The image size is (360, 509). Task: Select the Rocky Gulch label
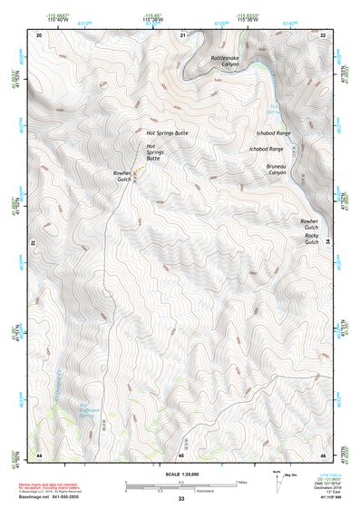pyautogui.click(x=311, y=240)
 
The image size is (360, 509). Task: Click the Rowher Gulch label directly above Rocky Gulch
pyautogui.click(x=310, y=223)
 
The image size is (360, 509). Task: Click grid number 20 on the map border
pyautogui.click(x=39, y=34)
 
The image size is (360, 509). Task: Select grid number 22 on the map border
pyautogui.click(x=324, y=34)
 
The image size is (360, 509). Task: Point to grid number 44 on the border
pyautogui.click(x=39, y=454)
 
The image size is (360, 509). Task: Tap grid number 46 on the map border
pyautogui.click(x=324, y=454)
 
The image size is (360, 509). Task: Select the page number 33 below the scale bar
pyautogui.click(x=181, y=500)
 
